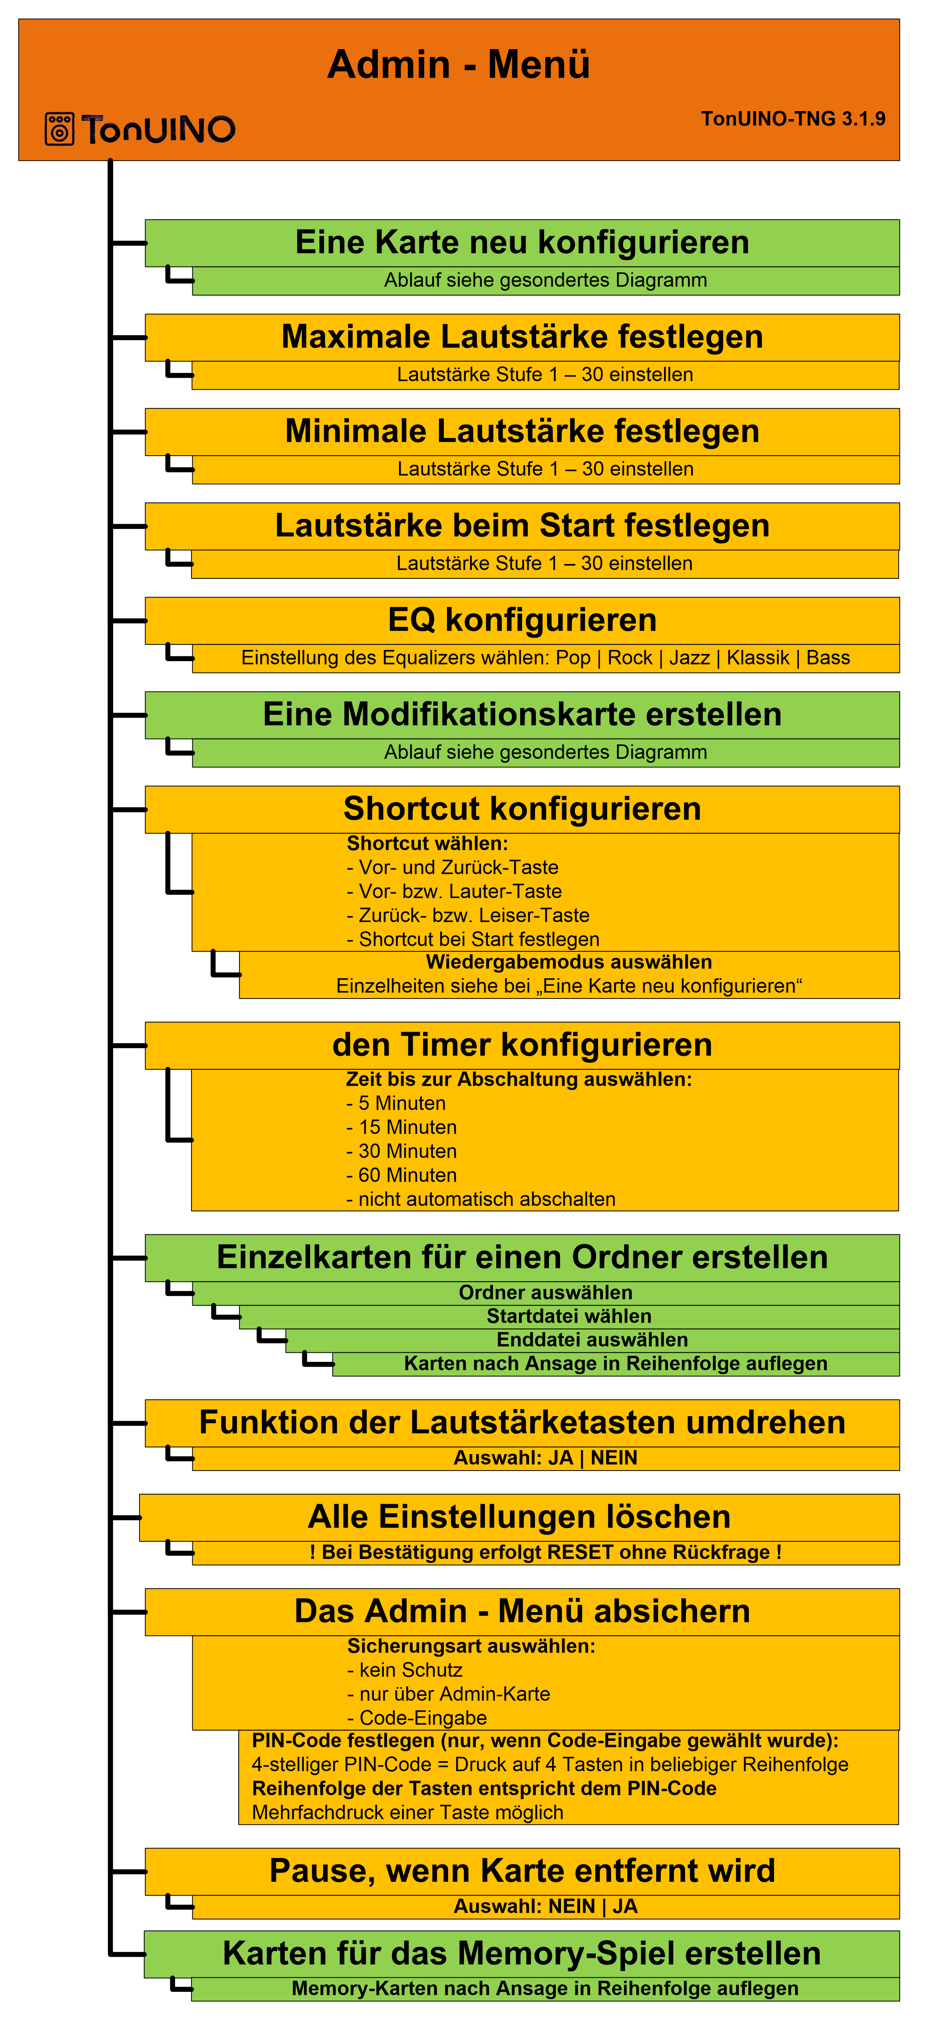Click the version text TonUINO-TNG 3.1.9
point(793,119)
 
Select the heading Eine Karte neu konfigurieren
point(522,243)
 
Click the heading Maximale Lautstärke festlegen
point(522,337)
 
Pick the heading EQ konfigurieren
point(522,620)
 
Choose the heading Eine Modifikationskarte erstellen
point(522,715)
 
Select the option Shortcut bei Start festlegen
point(473,939)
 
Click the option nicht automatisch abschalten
point(481,1199)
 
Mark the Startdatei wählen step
point(569,1316)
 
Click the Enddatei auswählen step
point(593,1340)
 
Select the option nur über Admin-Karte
point(449,1694)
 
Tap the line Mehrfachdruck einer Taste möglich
point(408,1812)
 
